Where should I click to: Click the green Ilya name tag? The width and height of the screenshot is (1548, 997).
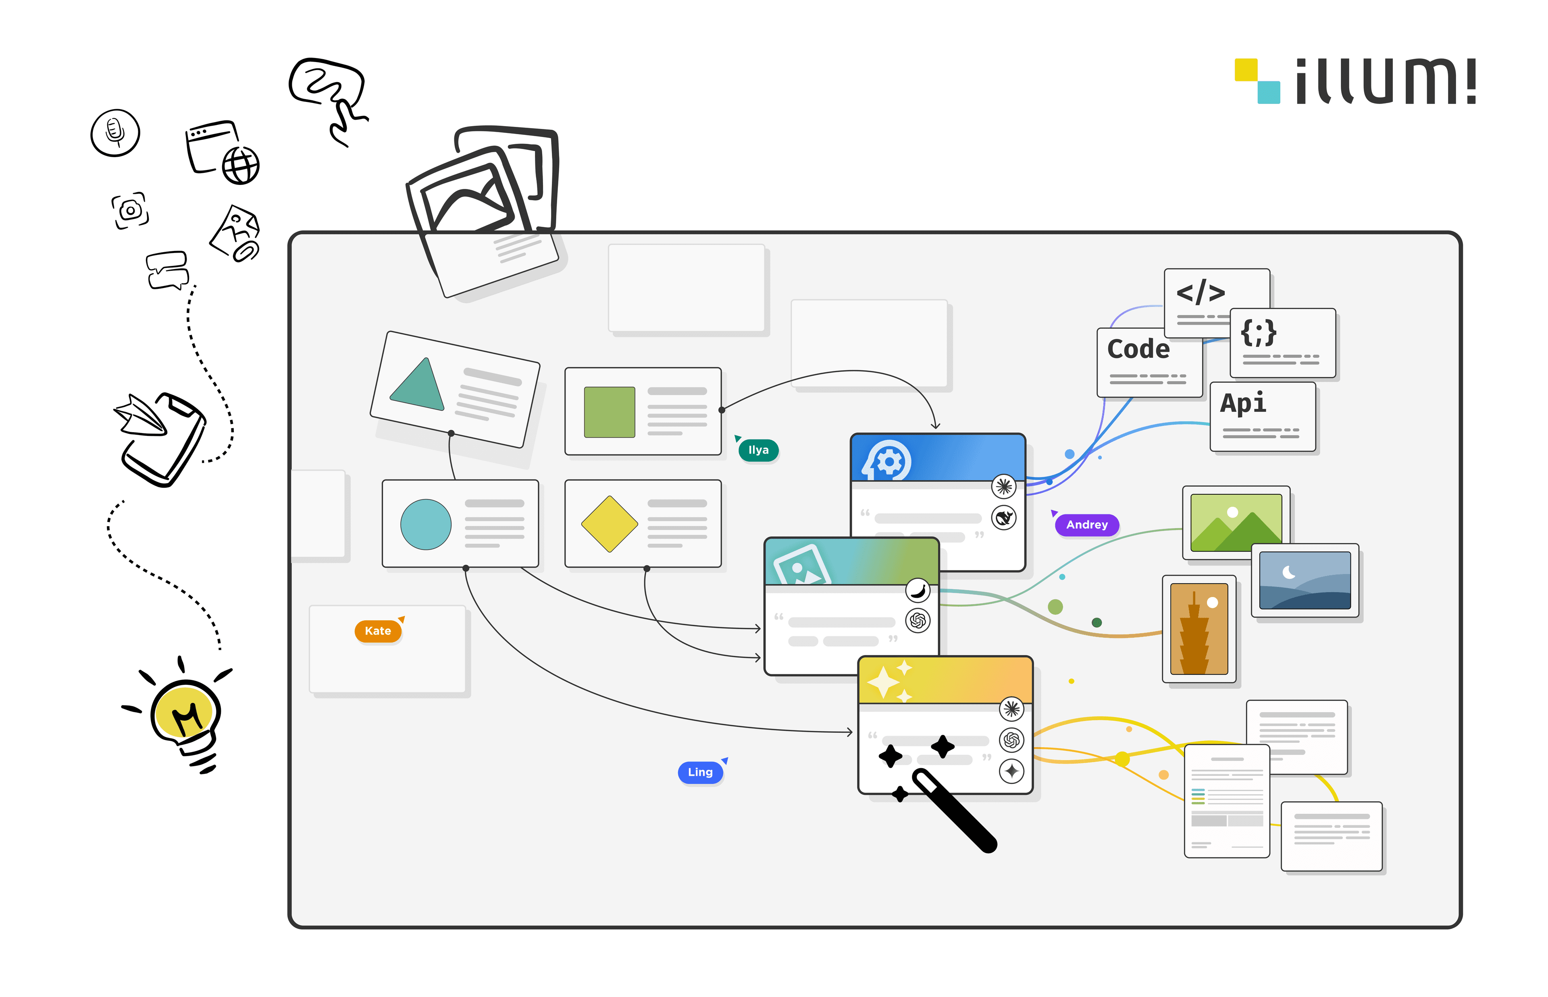(x=758, y=450)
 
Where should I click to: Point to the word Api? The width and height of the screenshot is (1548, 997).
(x=1242, y=403)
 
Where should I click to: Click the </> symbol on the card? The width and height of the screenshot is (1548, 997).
(x=1200, y=292)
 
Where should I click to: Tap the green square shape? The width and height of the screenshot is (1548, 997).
(x=609, y=412)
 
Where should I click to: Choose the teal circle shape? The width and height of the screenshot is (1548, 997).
(x=426, y=524)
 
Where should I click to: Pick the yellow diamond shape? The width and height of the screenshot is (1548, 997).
(x=609, y=524)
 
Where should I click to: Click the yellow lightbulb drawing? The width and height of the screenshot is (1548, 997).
(x=185, y=712)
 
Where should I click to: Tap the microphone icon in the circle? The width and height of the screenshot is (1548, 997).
(x=114, y=132)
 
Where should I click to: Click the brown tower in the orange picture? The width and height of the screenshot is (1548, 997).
(x=1194, y=638)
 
